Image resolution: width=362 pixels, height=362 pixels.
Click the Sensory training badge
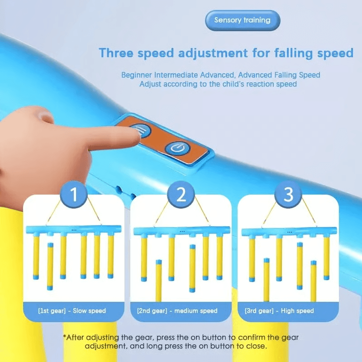[242, 20]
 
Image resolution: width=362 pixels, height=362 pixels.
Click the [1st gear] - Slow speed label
[72, 311]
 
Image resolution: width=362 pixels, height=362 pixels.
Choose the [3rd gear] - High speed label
[279, 311]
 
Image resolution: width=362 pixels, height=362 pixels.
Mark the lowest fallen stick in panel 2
[158, 281]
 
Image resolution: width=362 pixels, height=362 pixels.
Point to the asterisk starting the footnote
[65, 338]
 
